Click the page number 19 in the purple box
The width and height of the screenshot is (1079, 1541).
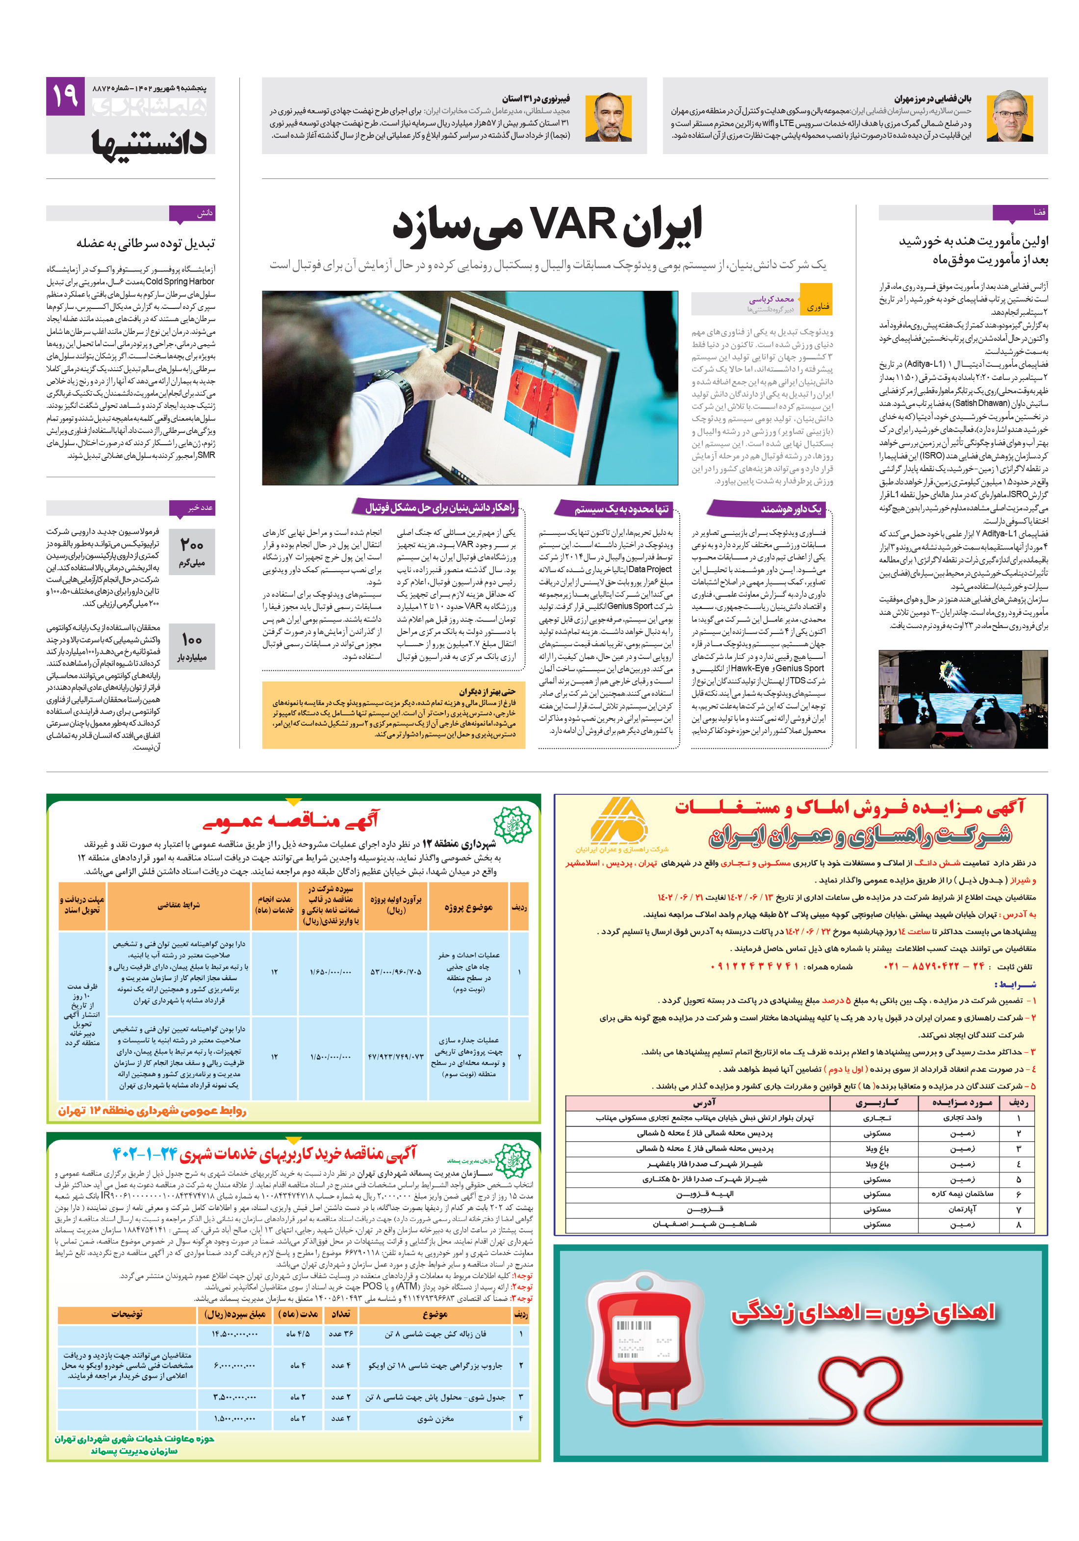pyautogui.click(x=65, y=96)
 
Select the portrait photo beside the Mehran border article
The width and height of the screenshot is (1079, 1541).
pyautogui.click(x=1009, y=115)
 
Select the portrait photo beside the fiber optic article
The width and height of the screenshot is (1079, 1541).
pyautogui.click(x=608, y=115)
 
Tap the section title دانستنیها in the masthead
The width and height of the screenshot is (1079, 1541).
pyautogui.click(x=149, y=142)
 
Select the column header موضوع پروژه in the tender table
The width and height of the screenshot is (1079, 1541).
pyautogui.click(x=468, y=907)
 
